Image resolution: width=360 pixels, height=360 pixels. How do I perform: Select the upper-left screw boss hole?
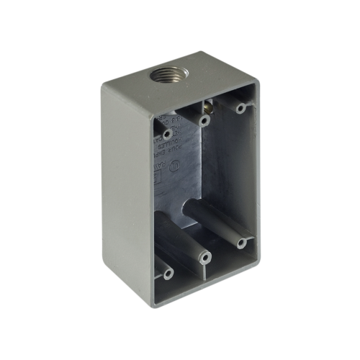point(168,133)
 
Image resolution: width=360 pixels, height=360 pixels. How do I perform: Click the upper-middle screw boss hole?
point(204,120)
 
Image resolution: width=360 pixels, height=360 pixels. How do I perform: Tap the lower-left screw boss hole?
point(168,274)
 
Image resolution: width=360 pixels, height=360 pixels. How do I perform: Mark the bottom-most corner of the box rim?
point(168,307)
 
